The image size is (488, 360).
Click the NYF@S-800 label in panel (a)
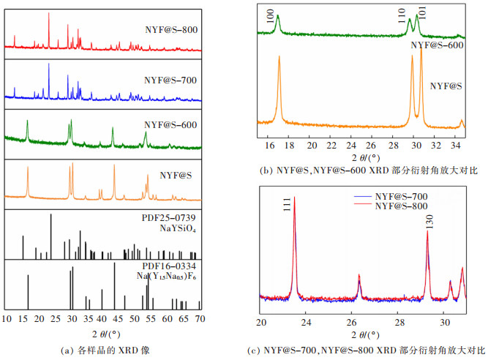pyautogui.click(x=171, y=31)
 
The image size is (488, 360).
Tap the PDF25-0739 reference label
pyautogui.click(x=168, y=217)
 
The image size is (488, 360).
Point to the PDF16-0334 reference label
pyautogui.click(x=168, y=266)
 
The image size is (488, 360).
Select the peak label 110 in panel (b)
pyautogui.click(x=402, y=16)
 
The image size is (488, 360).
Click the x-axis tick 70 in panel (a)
pyautogui.click(x=199, y=319)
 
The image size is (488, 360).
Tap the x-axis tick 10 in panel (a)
pyautogui.click(x=7, y=319)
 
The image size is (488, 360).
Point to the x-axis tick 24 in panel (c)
pyautogui.click(x=307, y=322)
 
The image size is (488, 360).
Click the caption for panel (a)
pyautogui.click(x=102, y=350)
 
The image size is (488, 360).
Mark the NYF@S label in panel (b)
pyautogui.click(x=446, y=86)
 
